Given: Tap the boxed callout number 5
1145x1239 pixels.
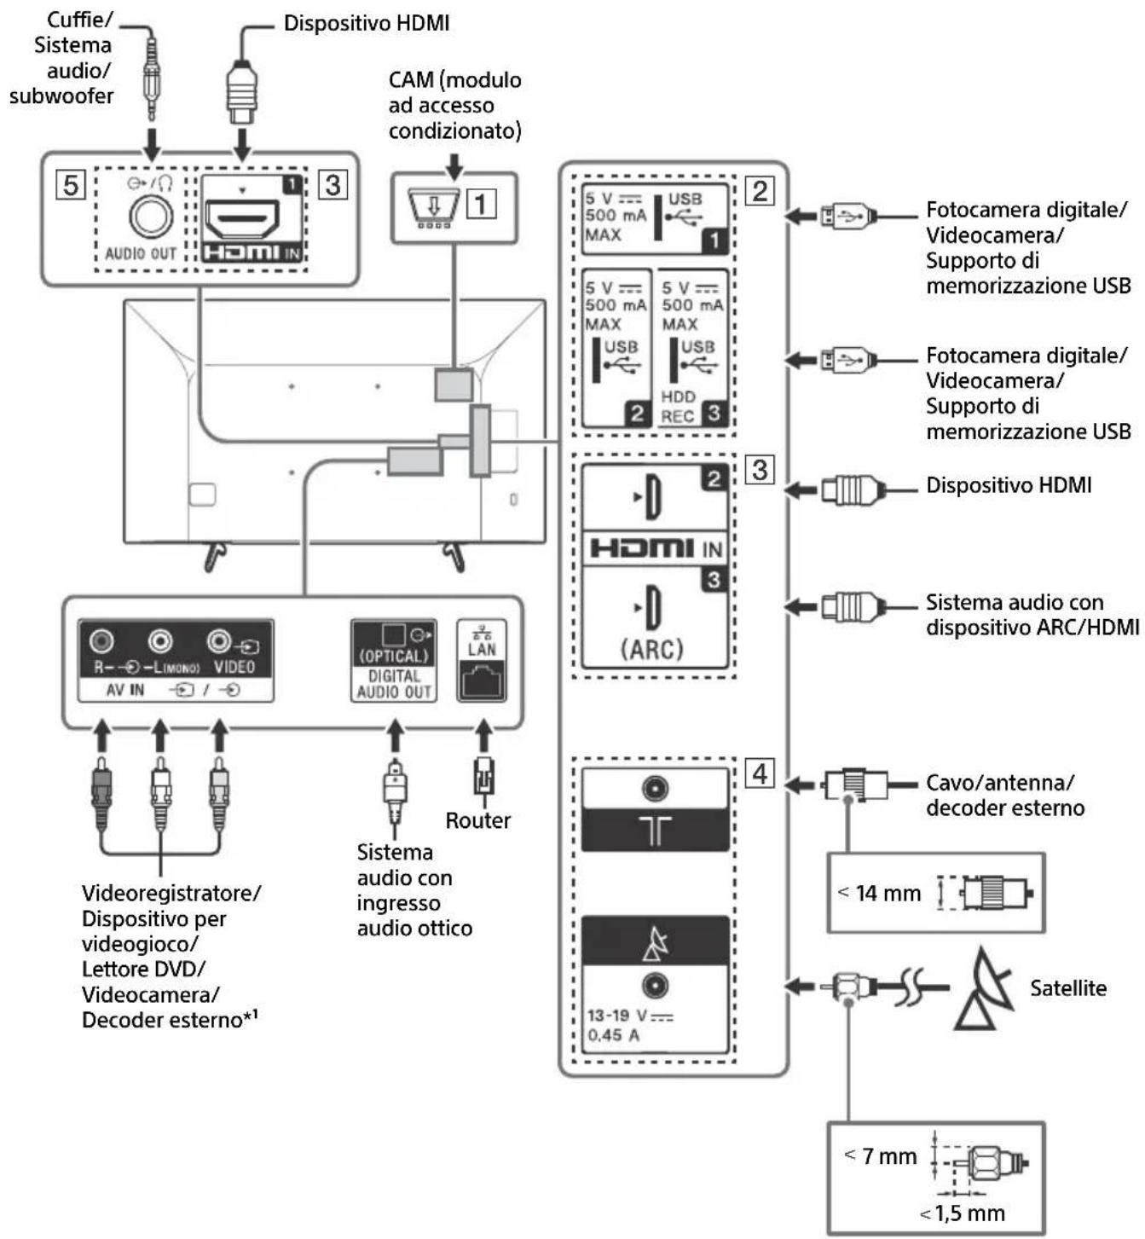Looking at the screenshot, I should (71, 184).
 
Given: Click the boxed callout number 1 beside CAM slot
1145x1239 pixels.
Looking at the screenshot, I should (481, 204).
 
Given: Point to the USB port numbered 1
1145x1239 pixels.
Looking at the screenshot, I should (655, 218).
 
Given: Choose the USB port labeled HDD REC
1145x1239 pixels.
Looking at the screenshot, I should (691, 350).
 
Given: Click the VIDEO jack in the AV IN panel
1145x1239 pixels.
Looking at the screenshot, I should (220, 640).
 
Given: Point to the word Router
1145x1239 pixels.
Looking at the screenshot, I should (477, 820).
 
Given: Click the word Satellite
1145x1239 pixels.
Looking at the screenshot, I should (1067, 988).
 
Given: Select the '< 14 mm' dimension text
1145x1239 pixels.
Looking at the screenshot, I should (880, 893).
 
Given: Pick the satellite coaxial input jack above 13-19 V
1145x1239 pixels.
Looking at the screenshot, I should (654, 986).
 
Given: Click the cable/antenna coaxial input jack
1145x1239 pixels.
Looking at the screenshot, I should (654, 789).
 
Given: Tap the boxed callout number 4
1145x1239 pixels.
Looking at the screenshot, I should (759, 773).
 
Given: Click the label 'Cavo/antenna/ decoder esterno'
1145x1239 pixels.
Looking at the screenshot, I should (1004, 795).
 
